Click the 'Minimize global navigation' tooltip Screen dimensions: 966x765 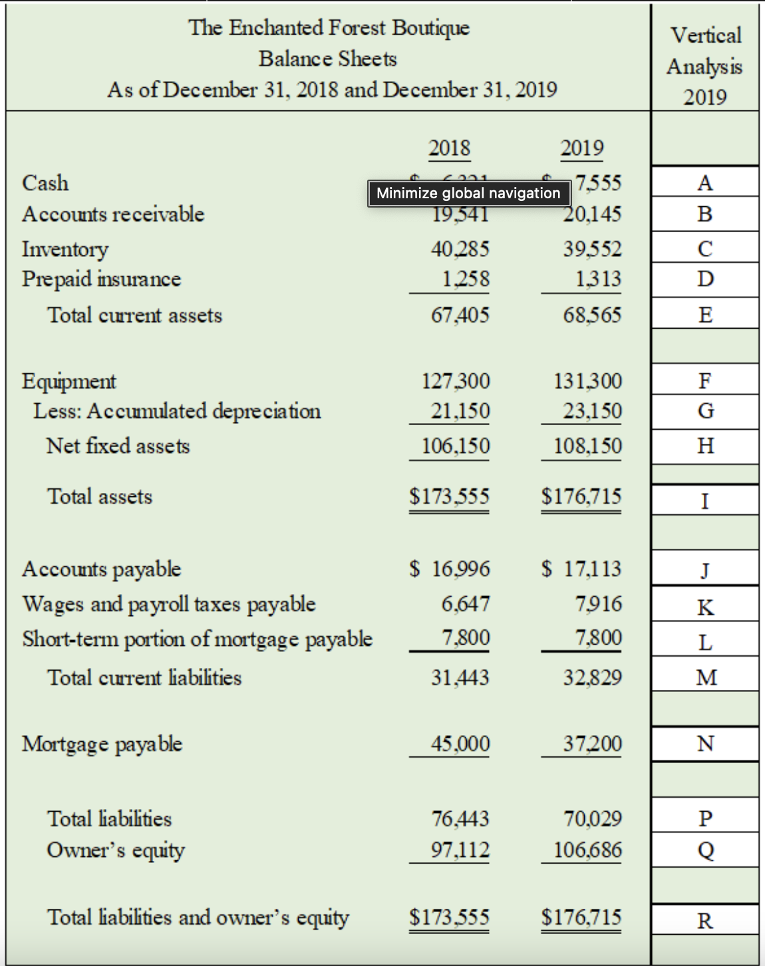(468, 193)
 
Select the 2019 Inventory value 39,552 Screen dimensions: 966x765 (592, 249)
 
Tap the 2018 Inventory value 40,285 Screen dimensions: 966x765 (460, 249)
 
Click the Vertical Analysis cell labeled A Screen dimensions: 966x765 (705, 182)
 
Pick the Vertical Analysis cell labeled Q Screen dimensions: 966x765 (705, 850)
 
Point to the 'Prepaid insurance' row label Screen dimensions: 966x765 (101, 279)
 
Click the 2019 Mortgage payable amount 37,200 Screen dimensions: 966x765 (592, 743)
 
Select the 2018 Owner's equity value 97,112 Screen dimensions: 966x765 (460, 850)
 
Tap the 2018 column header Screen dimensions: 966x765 (449, 148)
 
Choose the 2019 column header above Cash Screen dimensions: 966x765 (582, 148)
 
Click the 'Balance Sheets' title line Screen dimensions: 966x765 (327, 59)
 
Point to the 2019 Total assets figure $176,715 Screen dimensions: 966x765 (581, 496)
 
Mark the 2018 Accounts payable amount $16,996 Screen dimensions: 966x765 (450, 569)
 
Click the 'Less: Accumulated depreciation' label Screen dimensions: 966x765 (177, 411)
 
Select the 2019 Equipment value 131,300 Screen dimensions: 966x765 (588, 381)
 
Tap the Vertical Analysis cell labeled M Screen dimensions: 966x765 (705, 677)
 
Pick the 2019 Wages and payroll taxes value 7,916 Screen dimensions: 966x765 (599, 604)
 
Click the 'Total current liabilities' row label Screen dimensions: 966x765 (144, 677)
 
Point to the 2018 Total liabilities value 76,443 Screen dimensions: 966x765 (460, 818)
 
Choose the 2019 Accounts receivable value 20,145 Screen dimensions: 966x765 (592, 214)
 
